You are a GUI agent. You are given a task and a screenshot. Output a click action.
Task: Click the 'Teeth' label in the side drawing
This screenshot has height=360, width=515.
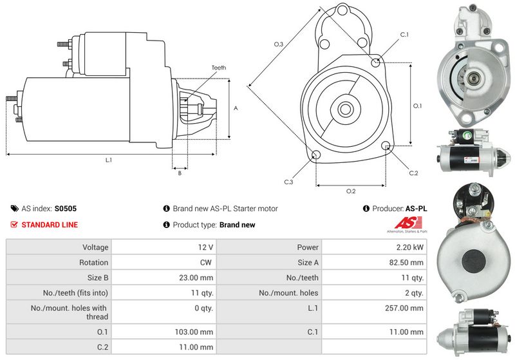point(218,68)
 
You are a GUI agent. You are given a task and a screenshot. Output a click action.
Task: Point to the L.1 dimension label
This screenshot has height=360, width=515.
point(109,159)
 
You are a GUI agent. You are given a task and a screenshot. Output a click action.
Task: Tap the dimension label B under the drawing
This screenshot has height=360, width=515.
point(180,173)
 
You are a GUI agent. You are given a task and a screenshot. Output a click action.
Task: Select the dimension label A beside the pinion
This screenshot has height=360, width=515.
point(236,108)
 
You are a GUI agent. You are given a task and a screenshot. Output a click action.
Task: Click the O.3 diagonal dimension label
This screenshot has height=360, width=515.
point(278,44)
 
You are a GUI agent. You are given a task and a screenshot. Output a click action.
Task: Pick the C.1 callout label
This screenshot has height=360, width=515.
point(405,34)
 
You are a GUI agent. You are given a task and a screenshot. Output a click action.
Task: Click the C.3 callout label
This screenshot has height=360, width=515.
point(288,182)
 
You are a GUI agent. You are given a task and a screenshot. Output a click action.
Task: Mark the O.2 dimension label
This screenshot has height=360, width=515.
point(351,191)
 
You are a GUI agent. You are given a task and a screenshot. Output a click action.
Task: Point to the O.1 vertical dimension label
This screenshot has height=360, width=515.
point(417,106)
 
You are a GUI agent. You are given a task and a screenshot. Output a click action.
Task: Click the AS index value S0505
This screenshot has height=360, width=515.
point(65,209)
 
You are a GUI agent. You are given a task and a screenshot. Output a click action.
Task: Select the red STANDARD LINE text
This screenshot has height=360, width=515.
point(50,225)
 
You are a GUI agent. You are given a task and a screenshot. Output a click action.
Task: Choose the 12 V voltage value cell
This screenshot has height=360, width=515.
point(206,247)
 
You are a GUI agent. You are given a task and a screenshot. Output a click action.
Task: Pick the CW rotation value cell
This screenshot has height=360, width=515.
point(207,262)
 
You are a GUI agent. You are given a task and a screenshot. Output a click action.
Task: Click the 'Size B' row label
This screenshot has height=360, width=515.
point(95,278)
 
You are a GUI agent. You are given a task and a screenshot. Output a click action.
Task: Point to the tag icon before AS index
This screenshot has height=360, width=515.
point(14,209)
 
